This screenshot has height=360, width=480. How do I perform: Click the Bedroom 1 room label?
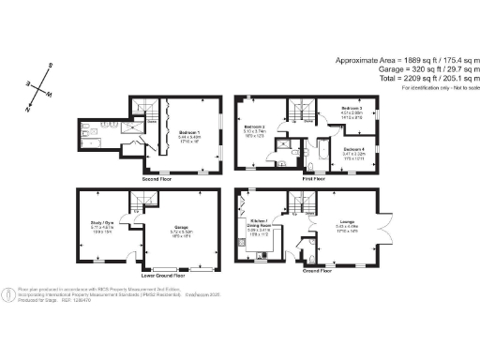tap(189, 133)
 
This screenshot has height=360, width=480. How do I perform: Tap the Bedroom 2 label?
tap(254, 127)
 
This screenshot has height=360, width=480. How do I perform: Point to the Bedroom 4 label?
tap(355, 150)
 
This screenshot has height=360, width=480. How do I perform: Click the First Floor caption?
tap(313, 177)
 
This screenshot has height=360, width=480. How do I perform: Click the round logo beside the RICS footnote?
tap(8, 292)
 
